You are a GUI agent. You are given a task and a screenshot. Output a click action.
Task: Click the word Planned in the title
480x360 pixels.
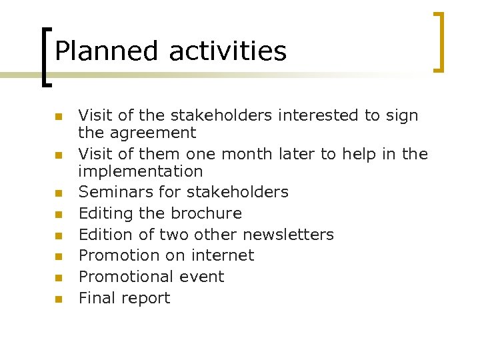point(107,51)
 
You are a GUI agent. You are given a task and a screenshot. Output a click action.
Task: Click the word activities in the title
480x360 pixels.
point(228,51)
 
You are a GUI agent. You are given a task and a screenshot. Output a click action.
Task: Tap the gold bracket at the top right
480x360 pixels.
point(439,41)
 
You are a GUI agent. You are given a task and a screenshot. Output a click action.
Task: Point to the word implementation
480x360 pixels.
point(140,171)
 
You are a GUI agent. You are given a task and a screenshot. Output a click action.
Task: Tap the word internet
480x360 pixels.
point(221,255)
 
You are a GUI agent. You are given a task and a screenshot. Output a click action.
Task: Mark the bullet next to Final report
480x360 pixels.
point(59,299)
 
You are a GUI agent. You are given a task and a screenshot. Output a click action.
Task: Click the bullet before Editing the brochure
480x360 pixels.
point(59,215)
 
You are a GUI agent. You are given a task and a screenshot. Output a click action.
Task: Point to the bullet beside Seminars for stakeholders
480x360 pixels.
point(59,193)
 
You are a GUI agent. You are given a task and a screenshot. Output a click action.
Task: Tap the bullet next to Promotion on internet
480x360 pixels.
point(59,257)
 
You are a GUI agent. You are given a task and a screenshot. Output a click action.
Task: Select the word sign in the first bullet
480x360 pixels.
point(401,116)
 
